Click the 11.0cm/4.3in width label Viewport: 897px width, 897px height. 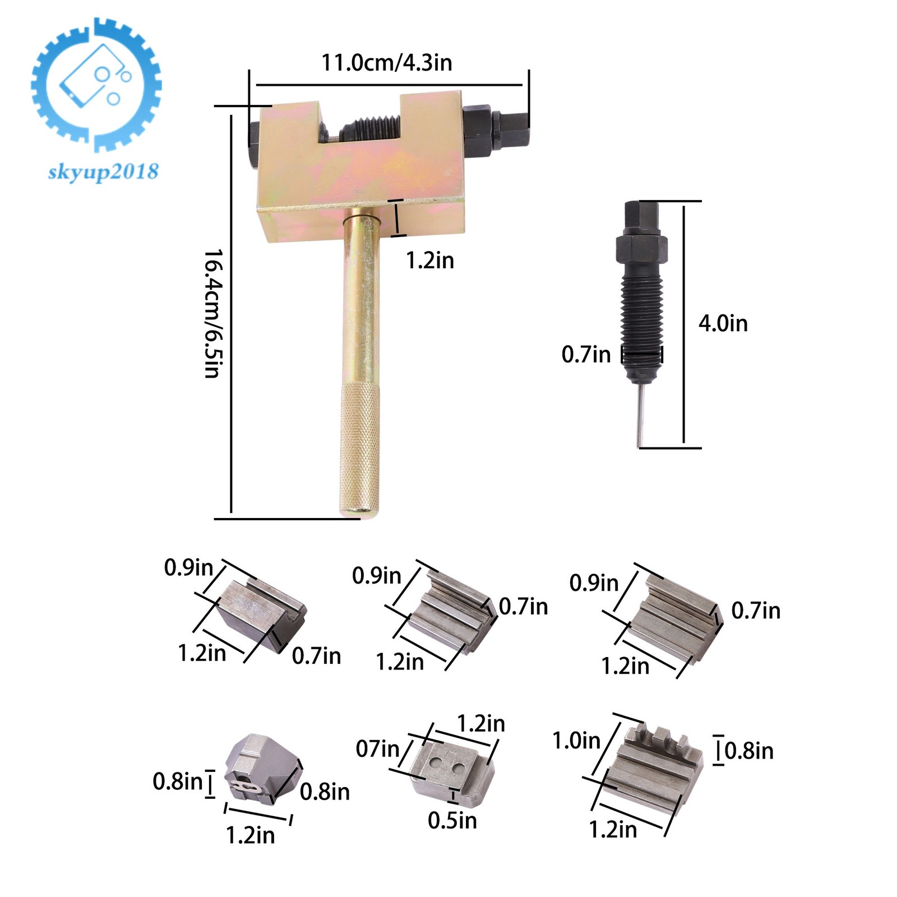click(x=386, y=63)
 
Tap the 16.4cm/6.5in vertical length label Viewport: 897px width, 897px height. click(x=213, y=313)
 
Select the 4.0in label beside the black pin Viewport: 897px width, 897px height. click(x=723, y=323)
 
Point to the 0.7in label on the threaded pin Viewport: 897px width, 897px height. click(x=586, y=354)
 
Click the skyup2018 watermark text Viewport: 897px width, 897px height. click(x=104, y=172)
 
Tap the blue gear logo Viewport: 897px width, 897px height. click(x=96, y=85)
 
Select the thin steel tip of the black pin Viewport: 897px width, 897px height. click(x=641, y=415)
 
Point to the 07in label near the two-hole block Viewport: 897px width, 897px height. click(x=378, y=748)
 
